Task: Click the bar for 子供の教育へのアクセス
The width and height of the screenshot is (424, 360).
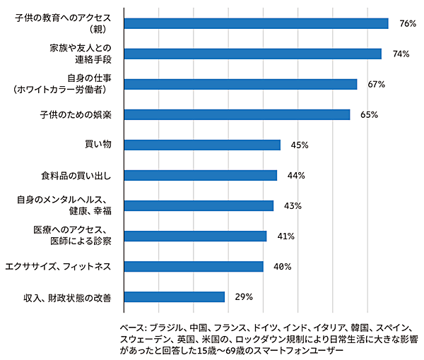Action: coord(256,23)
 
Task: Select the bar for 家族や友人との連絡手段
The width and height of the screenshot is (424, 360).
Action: coord(252,54)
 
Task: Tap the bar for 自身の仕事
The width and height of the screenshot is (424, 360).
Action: coord(240,84)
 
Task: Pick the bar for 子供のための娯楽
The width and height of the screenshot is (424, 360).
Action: coord(237,114)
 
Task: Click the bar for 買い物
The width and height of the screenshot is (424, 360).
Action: coord(202,145)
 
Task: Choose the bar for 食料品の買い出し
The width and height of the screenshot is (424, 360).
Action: coord(200,175)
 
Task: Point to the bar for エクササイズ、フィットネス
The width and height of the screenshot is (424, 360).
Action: coord(193,266)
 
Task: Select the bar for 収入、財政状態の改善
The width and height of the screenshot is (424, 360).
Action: coord(174,296)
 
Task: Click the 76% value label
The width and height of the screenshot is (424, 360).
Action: coord(407,23)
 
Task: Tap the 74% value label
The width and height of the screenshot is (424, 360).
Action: coord(401,54)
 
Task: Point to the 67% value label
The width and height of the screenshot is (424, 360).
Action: coord(376,84)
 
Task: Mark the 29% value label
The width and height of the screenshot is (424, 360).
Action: coord(244,296)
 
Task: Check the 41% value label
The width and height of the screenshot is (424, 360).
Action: coord(285,236)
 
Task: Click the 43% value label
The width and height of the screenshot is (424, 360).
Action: coord(293,205)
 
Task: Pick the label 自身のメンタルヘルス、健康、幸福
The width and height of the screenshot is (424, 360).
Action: coord(69,205)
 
